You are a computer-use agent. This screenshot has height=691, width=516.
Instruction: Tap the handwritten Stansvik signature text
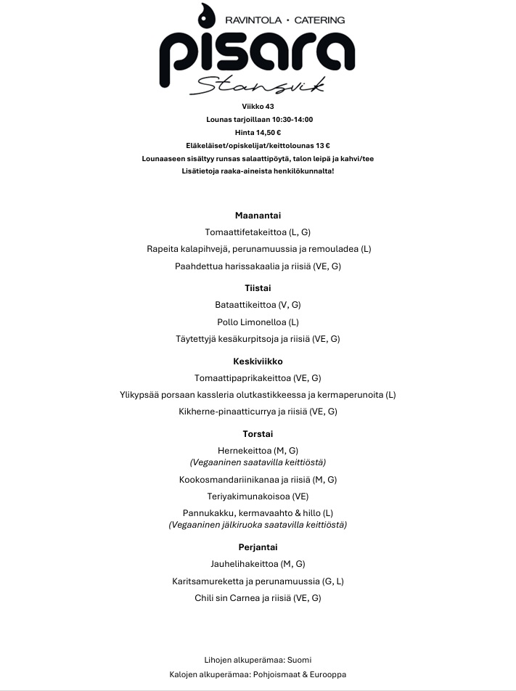pos(256,86)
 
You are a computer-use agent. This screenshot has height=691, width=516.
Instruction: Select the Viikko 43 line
pos(258,106)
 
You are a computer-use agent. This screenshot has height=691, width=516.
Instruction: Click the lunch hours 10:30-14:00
pos(288,119)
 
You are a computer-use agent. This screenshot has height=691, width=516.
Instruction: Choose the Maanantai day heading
pos(258,216)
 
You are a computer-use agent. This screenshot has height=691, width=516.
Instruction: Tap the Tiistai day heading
pos(258,288)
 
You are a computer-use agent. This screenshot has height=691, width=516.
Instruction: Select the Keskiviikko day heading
pos(258,361)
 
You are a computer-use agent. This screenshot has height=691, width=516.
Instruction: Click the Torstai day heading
pos(258,433)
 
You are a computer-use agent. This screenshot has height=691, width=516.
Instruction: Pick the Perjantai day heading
pos(258,547)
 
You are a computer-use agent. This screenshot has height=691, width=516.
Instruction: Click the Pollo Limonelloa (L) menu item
pos(258,322)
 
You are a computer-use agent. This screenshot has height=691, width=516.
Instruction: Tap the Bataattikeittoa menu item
pos(258,305)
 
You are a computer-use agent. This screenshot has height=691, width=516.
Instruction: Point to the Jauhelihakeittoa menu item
pos(258,564)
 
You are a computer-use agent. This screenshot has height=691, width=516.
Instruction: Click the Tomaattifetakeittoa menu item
pos(258,232)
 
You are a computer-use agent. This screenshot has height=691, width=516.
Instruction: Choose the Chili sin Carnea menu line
pos(258,598)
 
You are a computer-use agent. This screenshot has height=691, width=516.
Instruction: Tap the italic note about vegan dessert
pos(258,524)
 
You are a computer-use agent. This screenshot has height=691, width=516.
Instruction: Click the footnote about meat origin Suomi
pos(258,660)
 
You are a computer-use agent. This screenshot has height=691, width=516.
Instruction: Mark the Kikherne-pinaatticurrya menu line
pos(258,412)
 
